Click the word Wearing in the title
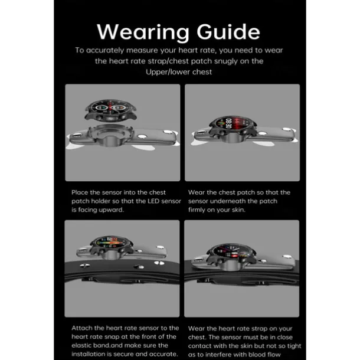pyautogui.click(x=143, y=32)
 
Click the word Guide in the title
pyautogui.click(x=228, y=31)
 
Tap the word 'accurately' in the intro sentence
pyautogui.click(x=105, y=50)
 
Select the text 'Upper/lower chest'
pyautogui.click(x=179, y=72)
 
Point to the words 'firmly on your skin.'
pyautogui.click(x=217, y=210)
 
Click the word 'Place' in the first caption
pyautogui.click(x=80, y=192)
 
